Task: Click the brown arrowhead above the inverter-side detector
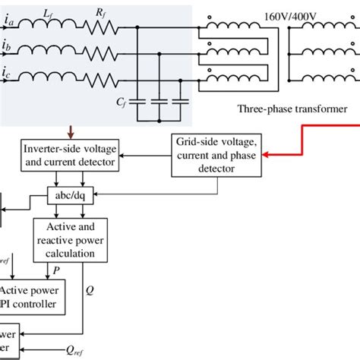pyautogui.click(x=69, y=133)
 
